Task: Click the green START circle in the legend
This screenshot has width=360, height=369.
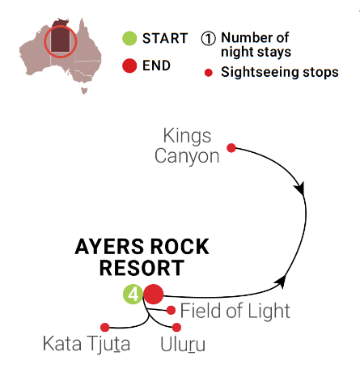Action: coord(129,38)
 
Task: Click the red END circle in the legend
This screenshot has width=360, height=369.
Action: coord(129,66)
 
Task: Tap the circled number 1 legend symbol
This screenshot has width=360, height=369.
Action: coord(208,39)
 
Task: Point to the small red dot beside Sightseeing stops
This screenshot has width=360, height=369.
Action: coord(209,73)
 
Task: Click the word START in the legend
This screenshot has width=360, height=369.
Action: coord(165,38)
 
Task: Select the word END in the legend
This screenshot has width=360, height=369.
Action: coord(156,66)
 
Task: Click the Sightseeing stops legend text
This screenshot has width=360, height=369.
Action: coord(280,72)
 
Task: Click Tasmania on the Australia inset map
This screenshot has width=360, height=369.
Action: coord(84,91)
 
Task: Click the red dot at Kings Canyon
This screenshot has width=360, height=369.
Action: coord(231,148)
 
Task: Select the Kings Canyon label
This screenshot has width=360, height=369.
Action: coord(187,146)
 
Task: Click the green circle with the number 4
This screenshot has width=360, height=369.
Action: coord(133,295)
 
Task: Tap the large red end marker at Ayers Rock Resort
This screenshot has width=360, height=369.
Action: coord(154,294)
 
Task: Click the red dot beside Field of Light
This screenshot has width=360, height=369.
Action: coord(171,310)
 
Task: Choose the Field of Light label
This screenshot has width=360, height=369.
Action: coord(235,311)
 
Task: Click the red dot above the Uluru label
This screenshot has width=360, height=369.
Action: coord(176,327)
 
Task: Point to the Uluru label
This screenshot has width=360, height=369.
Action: coord(183,345)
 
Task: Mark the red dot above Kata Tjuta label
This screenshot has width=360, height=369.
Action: coord(105,328)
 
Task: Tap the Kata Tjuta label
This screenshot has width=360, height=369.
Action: coord(87,344)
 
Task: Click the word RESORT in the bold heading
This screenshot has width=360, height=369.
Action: coord(142,268)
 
